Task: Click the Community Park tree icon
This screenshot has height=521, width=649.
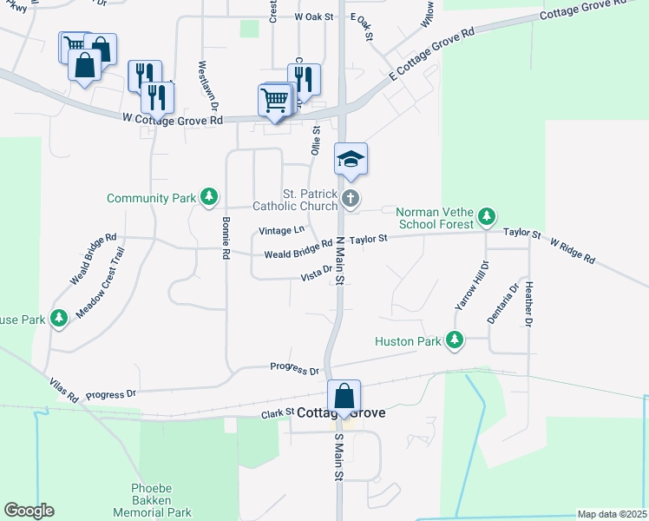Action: [208, 198]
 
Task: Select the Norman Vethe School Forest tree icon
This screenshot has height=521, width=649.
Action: [488, 214]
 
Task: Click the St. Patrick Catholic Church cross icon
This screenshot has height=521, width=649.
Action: [351, 199]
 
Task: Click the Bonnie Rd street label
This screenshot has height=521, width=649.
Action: [225, 239]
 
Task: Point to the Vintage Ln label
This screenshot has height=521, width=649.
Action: [282, 230]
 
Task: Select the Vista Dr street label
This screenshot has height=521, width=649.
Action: [316, 274]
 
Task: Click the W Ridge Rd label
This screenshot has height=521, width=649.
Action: [572, 247]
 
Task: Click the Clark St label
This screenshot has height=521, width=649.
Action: [278, 415]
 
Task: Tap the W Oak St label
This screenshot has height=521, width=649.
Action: [314, 16]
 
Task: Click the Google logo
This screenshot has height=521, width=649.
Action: [29, 511]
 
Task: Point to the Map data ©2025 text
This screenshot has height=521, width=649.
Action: [611, 514]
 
